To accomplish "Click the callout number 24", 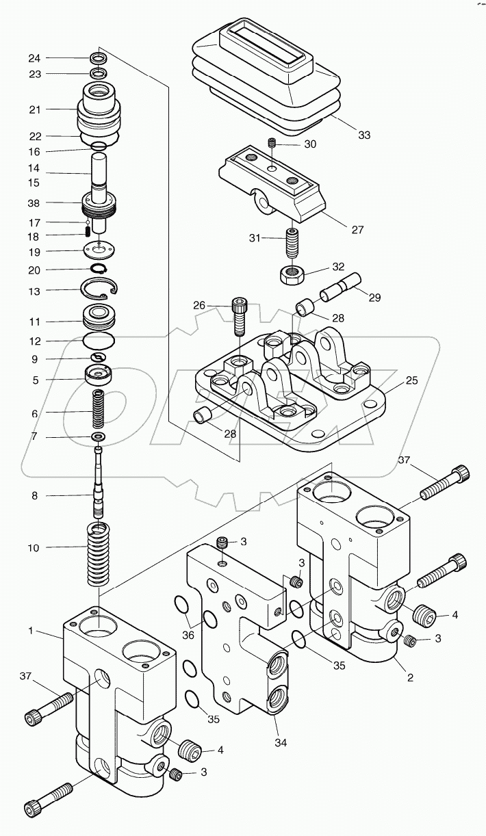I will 34,57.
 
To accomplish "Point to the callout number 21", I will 34,109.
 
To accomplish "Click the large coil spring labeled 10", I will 99,553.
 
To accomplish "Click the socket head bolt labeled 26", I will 238,315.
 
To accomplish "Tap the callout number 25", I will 411,380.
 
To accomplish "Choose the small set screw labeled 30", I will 272,144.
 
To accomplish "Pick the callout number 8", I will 34,495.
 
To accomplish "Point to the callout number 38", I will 34,203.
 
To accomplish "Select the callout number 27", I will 357,230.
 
